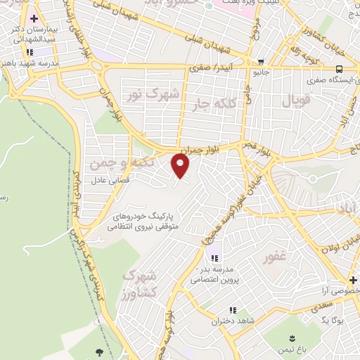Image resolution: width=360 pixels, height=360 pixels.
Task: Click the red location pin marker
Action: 181,166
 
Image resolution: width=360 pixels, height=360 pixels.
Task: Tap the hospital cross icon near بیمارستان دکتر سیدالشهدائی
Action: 33,18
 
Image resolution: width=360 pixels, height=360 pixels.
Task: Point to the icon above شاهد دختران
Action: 232,310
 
